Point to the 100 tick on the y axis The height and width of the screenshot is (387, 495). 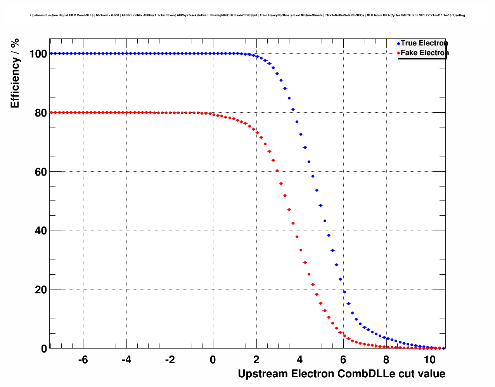point(38,54)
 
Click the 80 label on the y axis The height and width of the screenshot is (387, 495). point(41,113)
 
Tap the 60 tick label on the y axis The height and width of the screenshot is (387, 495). point(41,172)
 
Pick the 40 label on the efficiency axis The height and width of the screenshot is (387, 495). point(41,231)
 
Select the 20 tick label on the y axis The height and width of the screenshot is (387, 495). point(41,290)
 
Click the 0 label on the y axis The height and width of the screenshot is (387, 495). point(44,349)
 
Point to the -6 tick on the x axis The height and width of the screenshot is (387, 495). point(83,360)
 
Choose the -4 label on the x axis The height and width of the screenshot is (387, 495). point(126,360)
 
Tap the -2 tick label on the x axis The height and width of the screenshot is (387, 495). point(170,360)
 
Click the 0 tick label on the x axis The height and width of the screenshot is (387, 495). point(213,360)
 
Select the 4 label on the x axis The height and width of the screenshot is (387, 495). point(299,360)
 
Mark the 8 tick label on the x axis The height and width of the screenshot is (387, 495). point(386,360)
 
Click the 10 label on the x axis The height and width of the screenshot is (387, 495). point(429,360)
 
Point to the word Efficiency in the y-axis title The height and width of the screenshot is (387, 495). point(15,83)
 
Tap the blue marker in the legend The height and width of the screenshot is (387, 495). point(398,44)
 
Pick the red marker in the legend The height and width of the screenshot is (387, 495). point(398,53)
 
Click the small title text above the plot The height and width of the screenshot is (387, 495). point(247,16)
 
